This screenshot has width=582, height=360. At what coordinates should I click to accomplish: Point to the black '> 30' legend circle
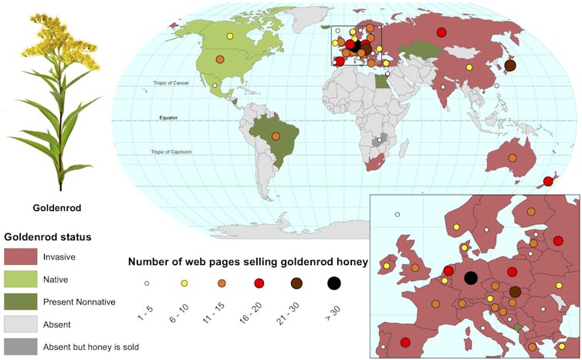(333, 284)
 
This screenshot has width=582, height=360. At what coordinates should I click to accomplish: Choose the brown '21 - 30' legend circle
(296, 284)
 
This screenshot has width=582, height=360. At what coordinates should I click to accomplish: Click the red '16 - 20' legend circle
(259, 284)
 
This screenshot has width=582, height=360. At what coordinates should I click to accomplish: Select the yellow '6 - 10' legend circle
(222, 284)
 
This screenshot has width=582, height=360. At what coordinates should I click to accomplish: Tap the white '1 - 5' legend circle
(184, 284)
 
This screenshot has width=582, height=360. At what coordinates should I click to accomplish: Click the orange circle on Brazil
(276, 136)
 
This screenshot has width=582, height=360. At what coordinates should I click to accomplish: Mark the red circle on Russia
(442, 32)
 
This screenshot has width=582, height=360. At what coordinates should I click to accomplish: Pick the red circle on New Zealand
(548, 182)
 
